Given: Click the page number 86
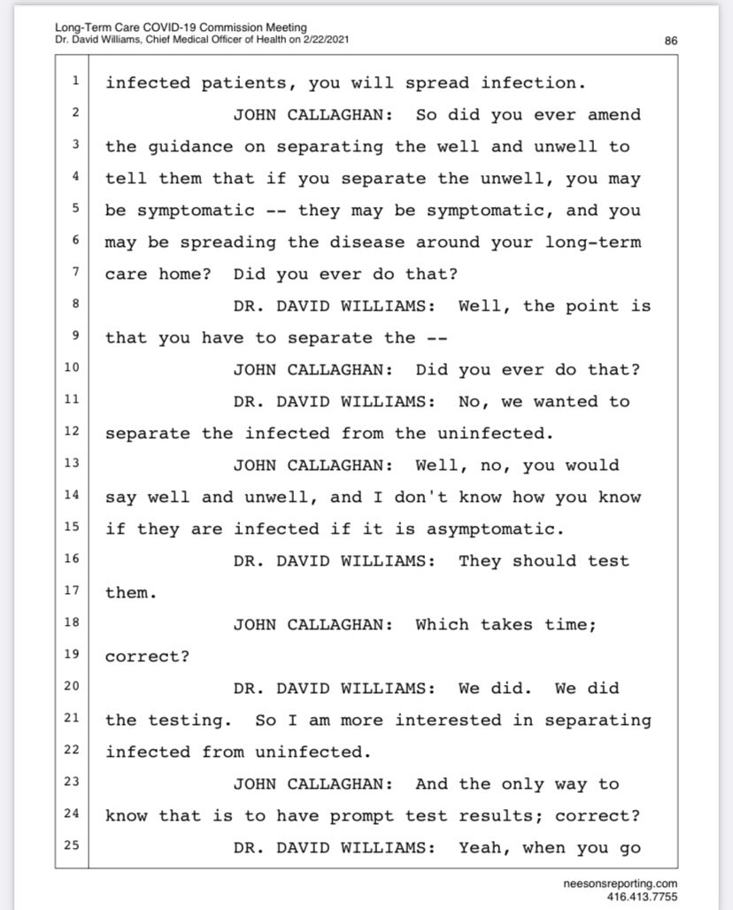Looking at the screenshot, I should (670, 40).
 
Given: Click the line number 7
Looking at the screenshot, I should (75, 274).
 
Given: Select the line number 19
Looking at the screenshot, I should (75, 656).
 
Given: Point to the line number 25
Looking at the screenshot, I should (75, 847).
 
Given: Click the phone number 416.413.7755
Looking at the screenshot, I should (642, 896).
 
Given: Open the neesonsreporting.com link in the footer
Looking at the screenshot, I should (621, 883).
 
